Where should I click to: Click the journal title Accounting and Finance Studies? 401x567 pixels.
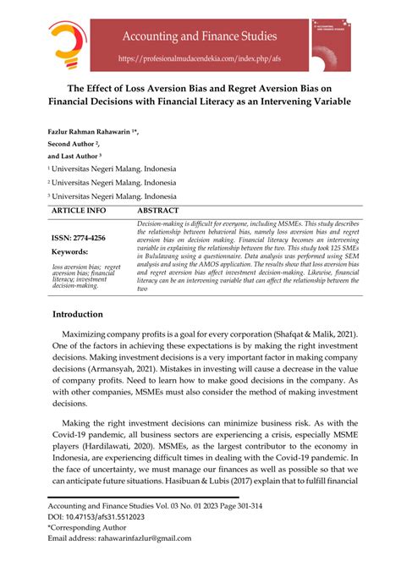198,36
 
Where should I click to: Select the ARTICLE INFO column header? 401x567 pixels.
79,209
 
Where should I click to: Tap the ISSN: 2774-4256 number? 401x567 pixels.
79,239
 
